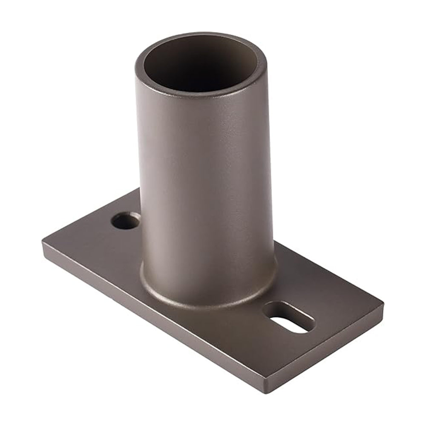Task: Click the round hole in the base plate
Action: pos(126,221)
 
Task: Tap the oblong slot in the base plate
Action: pos(289,317)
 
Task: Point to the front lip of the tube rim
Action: pos(200,95)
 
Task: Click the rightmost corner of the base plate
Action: pos(383,305)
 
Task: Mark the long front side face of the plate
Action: pos(149,315)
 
